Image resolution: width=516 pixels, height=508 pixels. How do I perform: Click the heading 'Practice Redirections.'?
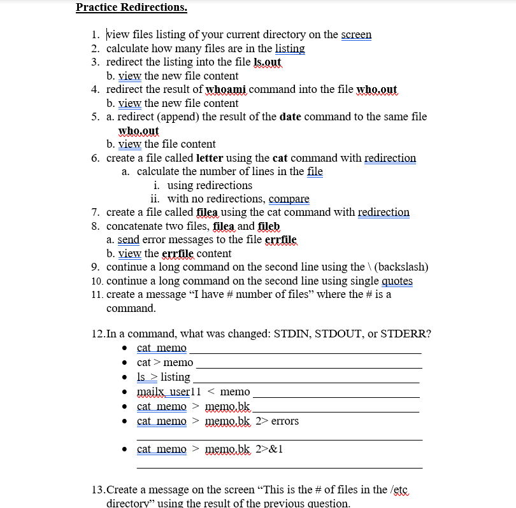click(x=131, y=8)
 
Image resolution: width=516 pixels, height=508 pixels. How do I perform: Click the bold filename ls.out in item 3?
click(x=267, y=62)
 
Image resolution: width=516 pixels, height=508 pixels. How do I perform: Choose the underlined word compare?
click(x=289, y=199)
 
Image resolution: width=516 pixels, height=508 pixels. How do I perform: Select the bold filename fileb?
click(x=269, y=226)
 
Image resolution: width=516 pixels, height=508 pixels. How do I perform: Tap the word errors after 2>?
click(x=285, y=421)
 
